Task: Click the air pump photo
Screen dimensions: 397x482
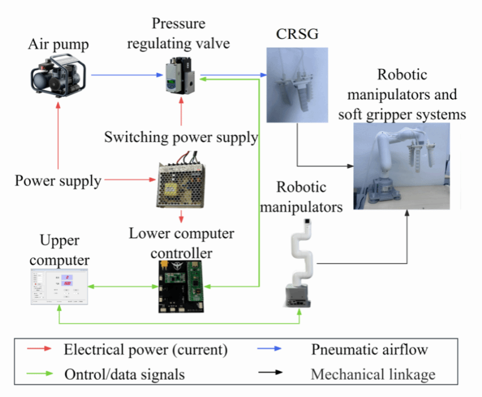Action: [59, 75]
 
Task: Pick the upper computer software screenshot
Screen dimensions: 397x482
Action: [59, 285]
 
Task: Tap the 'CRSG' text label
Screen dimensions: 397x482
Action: [297, 35]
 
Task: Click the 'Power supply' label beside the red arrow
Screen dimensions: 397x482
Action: [58, 182]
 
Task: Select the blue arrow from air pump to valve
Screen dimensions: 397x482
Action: [125, 75]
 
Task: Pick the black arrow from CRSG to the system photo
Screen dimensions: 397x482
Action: [321, 166]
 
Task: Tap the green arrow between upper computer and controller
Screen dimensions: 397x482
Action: [123, 286]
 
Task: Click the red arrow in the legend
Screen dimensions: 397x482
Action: [39, 349]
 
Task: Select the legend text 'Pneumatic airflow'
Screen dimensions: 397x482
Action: [369, 349]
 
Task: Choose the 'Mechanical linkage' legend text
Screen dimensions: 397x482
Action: [373, 375]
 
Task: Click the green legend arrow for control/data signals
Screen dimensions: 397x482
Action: [39, 375]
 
